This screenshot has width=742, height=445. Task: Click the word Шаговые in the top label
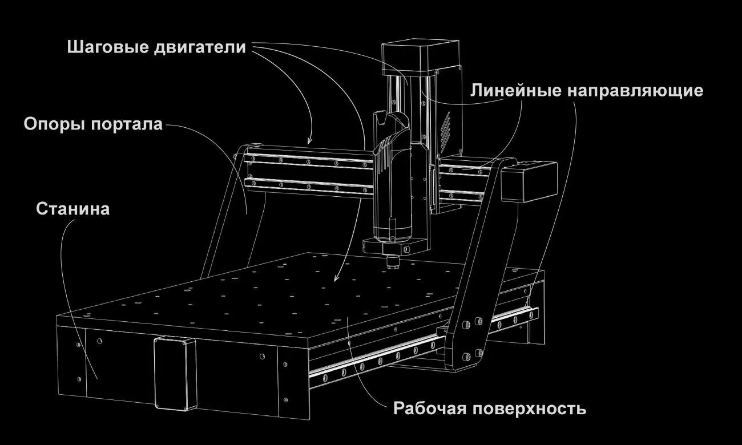[x=107, y=47]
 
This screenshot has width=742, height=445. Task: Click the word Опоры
[x=53, y=124]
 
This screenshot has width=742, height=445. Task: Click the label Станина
[x=72, y=209]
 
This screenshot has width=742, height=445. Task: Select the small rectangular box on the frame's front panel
[x=174, y=373]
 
